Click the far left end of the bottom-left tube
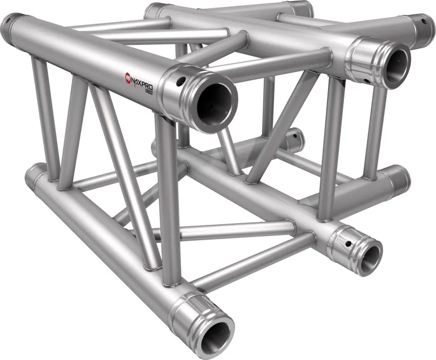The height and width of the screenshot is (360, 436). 32,177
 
